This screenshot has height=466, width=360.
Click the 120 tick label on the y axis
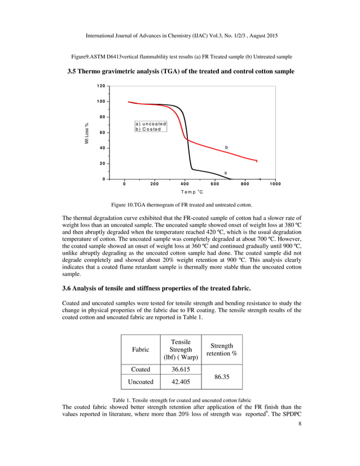tap(101, 86)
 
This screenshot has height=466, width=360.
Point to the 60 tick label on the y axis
tap(102, 133)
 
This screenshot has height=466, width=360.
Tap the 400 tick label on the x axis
tap(185, 184)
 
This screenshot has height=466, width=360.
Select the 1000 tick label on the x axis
tap(275, 184)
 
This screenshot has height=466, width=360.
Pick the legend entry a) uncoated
tap(151, 124)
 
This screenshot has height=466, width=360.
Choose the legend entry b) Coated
tap(148, 129)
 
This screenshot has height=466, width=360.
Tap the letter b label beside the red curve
tap(226, 147)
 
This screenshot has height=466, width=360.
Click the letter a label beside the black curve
tap(226, 172)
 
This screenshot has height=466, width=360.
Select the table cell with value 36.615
tap(176, 370)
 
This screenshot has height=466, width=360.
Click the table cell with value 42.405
tap(176, 382)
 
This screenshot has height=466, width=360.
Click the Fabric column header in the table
tap(141, 350)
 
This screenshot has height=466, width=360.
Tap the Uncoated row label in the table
tap(141, 382)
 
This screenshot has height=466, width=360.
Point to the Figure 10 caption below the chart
tap(180, 204)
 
